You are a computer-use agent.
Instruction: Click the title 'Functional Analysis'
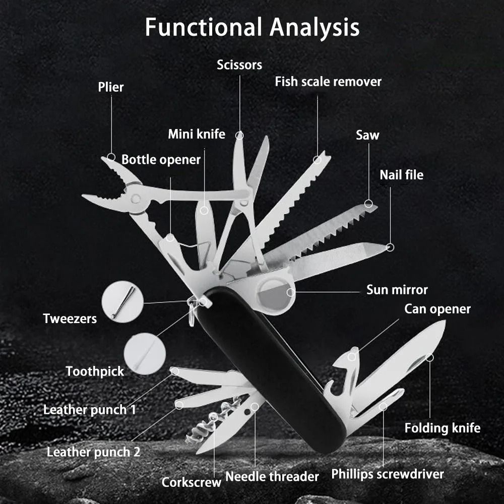(x=252, y=27)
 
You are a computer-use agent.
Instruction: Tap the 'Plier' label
(x=111, y=87)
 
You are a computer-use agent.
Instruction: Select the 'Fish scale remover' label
(x=328, y=81)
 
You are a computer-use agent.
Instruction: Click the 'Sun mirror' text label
(x=397, y=290)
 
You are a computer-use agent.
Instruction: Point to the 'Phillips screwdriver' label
(x=387, y=474)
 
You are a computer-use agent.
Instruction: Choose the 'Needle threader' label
(x=272, y=476)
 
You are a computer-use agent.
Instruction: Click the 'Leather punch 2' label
(x=93, y=452)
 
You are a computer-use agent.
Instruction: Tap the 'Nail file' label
(x=401, y=175)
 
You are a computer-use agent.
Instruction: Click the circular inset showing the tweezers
(x=120, y=302)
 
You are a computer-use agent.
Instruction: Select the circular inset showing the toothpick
(x=144, y=353)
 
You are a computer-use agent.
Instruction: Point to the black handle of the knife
(x=267, y=363)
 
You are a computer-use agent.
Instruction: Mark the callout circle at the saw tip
(x=369, y=204)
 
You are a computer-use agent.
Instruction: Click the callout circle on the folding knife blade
(x=429, y=358)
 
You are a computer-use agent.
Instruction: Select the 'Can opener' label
(x=437, y=308)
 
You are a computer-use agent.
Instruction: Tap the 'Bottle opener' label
(x=161, y=160)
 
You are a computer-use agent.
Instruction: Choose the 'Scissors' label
(x=239, y=65)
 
